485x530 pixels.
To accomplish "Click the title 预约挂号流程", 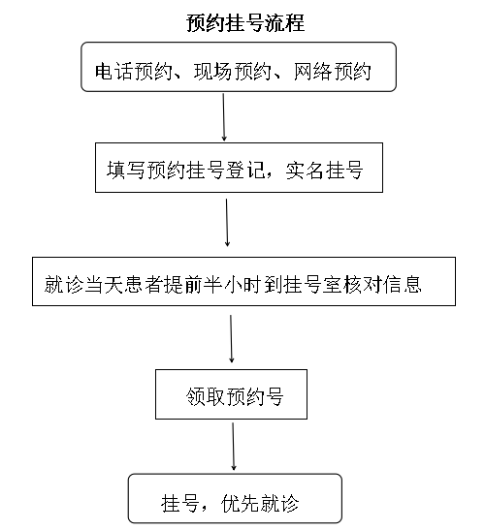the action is click(x=245, y=23).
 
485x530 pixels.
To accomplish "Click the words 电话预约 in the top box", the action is click(x=134, y=72).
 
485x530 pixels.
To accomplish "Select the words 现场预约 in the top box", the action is click(x=233, y=72).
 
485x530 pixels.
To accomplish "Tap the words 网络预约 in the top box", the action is click(x=332, y=72).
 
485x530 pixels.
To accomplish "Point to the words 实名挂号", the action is click(x=325, y=170).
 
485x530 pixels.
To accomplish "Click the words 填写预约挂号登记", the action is click(x=185, y=170).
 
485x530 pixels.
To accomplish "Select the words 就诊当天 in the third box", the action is click(x=82, y=284).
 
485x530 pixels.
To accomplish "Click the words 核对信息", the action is click(x=382, y=284).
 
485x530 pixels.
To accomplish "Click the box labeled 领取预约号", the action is click(x=231, y=394).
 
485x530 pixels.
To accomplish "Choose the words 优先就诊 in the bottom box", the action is click(x=260, y=504).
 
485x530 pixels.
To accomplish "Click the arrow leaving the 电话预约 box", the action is click(x=223, y=117).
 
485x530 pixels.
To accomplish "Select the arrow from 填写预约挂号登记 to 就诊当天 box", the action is click(x=227, y=222).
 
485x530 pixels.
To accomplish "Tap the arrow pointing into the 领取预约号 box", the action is click(x=231, y=339).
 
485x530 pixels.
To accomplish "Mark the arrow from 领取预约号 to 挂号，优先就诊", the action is click(x=233, y=446).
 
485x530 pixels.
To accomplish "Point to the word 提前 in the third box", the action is click(x=182, y=284).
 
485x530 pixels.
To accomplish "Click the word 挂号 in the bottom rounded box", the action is click(x=180, y=504).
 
